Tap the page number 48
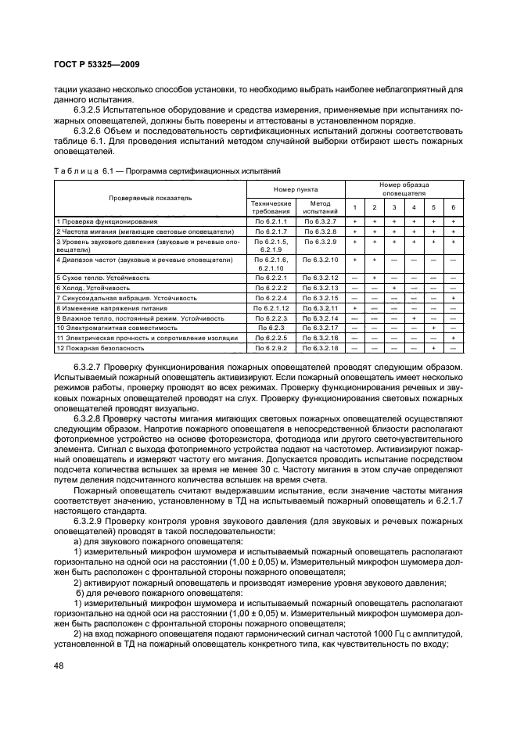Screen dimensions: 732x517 [x=59, y=666]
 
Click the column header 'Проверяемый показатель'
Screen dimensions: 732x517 [x=150, y=199]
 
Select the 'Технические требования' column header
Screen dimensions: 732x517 [x=271, y=206]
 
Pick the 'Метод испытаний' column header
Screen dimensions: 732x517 [x=320, y=206]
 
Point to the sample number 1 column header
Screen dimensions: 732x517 [x=354, y=206]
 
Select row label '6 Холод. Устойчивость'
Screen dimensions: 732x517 [x=93, y=288]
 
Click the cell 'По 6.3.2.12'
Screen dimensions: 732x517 [x=320, y=278]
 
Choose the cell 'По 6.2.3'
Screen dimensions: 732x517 [x=271, y=328]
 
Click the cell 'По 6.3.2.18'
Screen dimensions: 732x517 [x=320, y=347]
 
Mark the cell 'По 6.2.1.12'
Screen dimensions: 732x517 [x=271, y=308]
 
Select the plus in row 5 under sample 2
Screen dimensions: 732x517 [x=375, y=278]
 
